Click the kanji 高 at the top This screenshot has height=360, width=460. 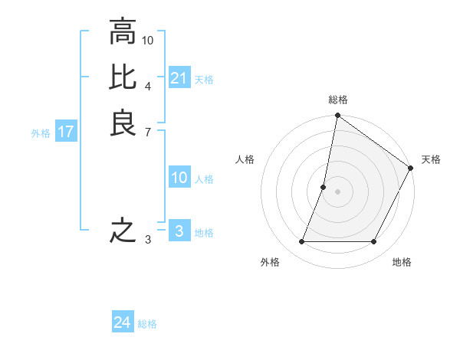(x=123, y=33)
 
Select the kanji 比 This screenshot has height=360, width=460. (x=123, y=77)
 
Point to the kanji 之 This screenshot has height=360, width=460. (x=123, y=231)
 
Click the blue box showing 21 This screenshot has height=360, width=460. (x=179, y=78)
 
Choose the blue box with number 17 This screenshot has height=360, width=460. (x=66, y=132)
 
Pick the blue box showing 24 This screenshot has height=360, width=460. (x=122, y=322)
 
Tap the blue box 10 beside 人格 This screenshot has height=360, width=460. (x=179, y=178)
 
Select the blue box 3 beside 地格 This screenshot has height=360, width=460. (x=179, y=231)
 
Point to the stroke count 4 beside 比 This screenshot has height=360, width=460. (x=147, y=86)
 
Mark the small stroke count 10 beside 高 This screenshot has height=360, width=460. (x=148, y=39)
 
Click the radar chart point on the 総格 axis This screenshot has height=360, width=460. (x=337, y=116)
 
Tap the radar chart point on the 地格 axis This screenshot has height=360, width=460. (x=374, y=242)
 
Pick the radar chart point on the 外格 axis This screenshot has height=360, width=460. (x=301, y=242)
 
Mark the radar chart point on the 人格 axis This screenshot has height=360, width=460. (x=324, y=187)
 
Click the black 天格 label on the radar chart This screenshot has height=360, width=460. (x=431, y=159)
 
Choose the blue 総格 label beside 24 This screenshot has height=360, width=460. (x=147, y=324)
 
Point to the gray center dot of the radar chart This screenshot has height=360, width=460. (x=337, y=191)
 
